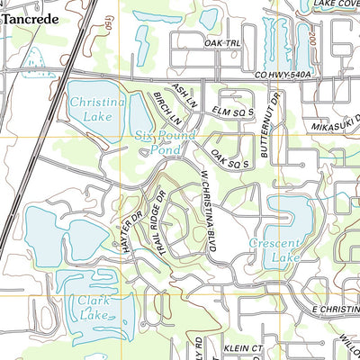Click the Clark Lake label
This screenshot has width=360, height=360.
pyautogui.click(x=94, y=309)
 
